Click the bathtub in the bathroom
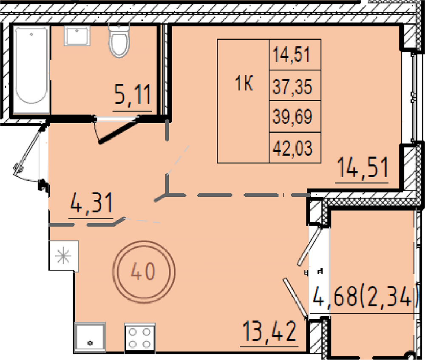coord(31,69)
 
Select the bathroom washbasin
coord(77,36)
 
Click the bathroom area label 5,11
coord(133,94)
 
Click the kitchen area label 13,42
coord(269,331)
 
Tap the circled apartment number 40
coord(144,271)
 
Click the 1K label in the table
coord(244,84)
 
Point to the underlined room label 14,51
coord(363,167)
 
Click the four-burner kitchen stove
coord(139,338)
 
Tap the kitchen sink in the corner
coord(90,337)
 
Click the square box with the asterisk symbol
coord(64,256)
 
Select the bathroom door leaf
coord(118,130)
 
